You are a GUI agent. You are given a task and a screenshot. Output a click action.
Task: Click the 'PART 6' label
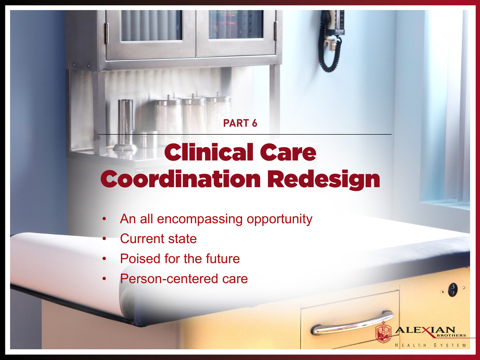[240, 123]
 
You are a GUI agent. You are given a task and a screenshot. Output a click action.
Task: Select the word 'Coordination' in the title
[180, 179]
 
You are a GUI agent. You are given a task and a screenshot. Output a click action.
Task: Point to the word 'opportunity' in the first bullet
[279, 219]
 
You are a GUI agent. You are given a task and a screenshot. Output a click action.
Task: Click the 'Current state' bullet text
[158, 238]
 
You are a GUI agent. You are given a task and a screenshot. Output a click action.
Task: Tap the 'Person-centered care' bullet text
[184, 279]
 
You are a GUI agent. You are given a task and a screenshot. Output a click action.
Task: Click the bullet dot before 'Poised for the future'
[104, 259]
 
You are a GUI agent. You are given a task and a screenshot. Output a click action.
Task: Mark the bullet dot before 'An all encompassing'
[104, 219]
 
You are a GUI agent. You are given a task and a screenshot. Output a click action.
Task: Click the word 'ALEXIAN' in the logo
[425, 330]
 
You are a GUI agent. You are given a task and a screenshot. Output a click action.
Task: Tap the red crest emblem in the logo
[383, 332]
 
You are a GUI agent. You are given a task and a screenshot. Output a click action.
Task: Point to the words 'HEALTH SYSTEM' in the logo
[430, 345]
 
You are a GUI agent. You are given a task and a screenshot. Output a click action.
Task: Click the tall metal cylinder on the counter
[125, 125]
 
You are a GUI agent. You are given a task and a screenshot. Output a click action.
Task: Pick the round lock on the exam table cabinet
[453, 290]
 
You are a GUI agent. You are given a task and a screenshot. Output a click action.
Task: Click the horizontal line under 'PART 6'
[245, 134]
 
